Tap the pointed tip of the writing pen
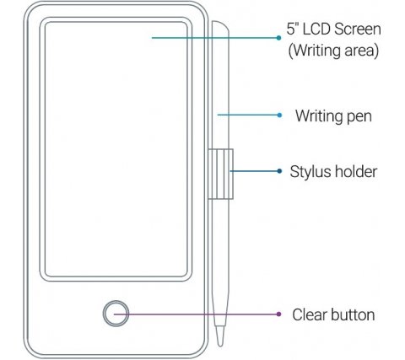(220, 345)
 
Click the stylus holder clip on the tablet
(220, 174)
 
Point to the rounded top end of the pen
(220, 25)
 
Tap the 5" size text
(293, 29)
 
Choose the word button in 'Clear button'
(353, 314)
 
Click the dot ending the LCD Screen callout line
(278, 38)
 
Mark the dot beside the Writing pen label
(279, 115)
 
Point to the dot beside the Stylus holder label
(279, 171)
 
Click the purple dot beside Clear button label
(278, 314)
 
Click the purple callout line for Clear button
(196, 314)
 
